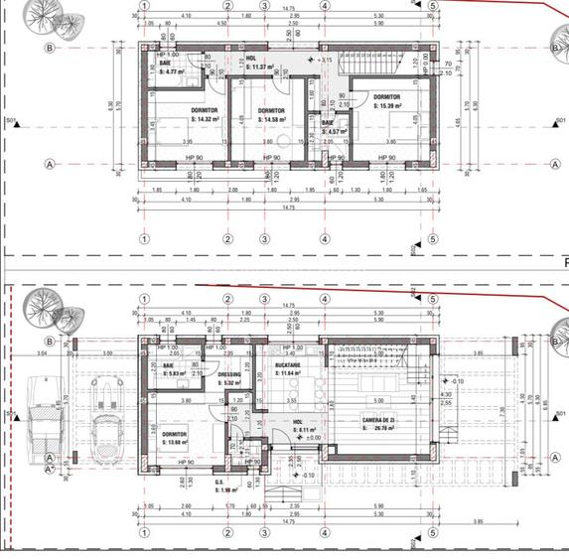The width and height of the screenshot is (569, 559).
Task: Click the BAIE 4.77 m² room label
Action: (x=172, y=68)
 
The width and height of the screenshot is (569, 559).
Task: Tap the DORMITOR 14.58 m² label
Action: (x=270, y=114)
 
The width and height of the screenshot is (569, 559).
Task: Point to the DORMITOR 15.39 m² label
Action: (x=387, y=101)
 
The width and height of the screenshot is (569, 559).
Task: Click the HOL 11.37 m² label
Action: (x=256, y=63)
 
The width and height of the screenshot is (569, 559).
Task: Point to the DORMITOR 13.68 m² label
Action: (x=175, y=438)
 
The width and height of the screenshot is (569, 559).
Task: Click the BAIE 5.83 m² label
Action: (x=174, y=369)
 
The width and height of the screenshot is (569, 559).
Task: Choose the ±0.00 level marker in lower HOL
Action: (x=311, y=438)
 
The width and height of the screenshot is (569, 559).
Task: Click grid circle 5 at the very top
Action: (x=433, y=5)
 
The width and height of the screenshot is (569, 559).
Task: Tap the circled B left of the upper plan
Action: (x=50, y=47)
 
